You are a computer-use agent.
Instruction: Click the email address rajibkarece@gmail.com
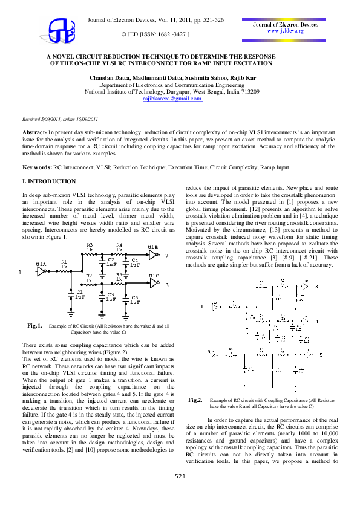[173, 98]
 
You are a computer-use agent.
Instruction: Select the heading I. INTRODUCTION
[49, 181]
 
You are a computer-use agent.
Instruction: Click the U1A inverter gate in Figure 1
[41, 271]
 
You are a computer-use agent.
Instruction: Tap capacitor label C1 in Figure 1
[79, 291]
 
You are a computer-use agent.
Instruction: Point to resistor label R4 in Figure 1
[119, 245]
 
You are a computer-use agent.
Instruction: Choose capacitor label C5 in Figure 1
[134, 298]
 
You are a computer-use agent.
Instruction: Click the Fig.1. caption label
[34, 326]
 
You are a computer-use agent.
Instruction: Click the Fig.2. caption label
[195, 400]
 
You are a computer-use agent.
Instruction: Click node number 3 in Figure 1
[166, 284]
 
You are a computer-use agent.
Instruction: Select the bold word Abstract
[34, 131]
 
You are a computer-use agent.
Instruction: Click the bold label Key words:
[37, 167]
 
